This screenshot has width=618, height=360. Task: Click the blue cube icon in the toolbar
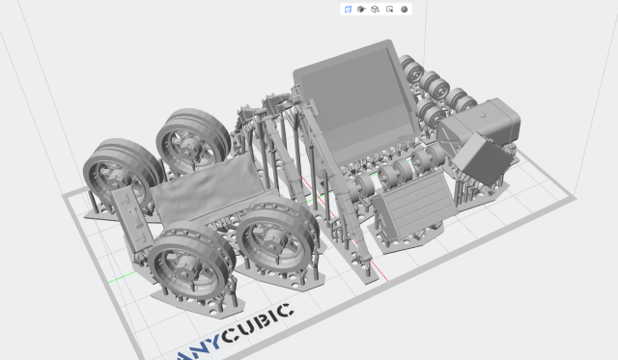tap(348, 9)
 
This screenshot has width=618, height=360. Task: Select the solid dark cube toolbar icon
tap(361, 9)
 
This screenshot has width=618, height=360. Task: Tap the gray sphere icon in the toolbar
tap(404, 9)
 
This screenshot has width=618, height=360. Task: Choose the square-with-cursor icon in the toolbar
tap(390, 9)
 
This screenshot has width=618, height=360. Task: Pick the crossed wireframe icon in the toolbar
tap(376, 9)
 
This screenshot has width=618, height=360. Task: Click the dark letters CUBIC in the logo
tap(258, 323)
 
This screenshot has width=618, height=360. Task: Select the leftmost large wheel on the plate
tap(123, 174)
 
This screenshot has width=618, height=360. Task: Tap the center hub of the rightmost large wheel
tap(271, 238)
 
